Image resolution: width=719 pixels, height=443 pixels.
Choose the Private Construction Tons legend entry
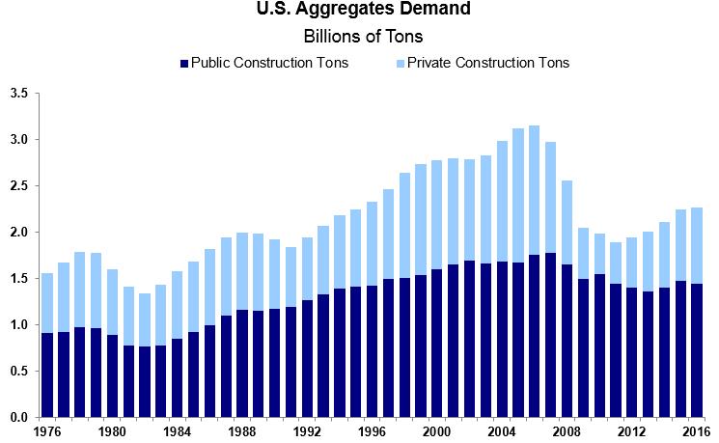tap(482, 64)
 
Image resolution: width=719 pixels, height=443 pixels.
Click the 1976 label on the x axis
tap(46, 430)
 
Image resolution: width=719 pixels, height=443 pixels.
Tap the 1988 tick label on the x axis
tap(241, 430)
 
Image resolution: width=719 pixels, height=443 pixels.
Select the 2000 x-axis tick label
tap(436, 430)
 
